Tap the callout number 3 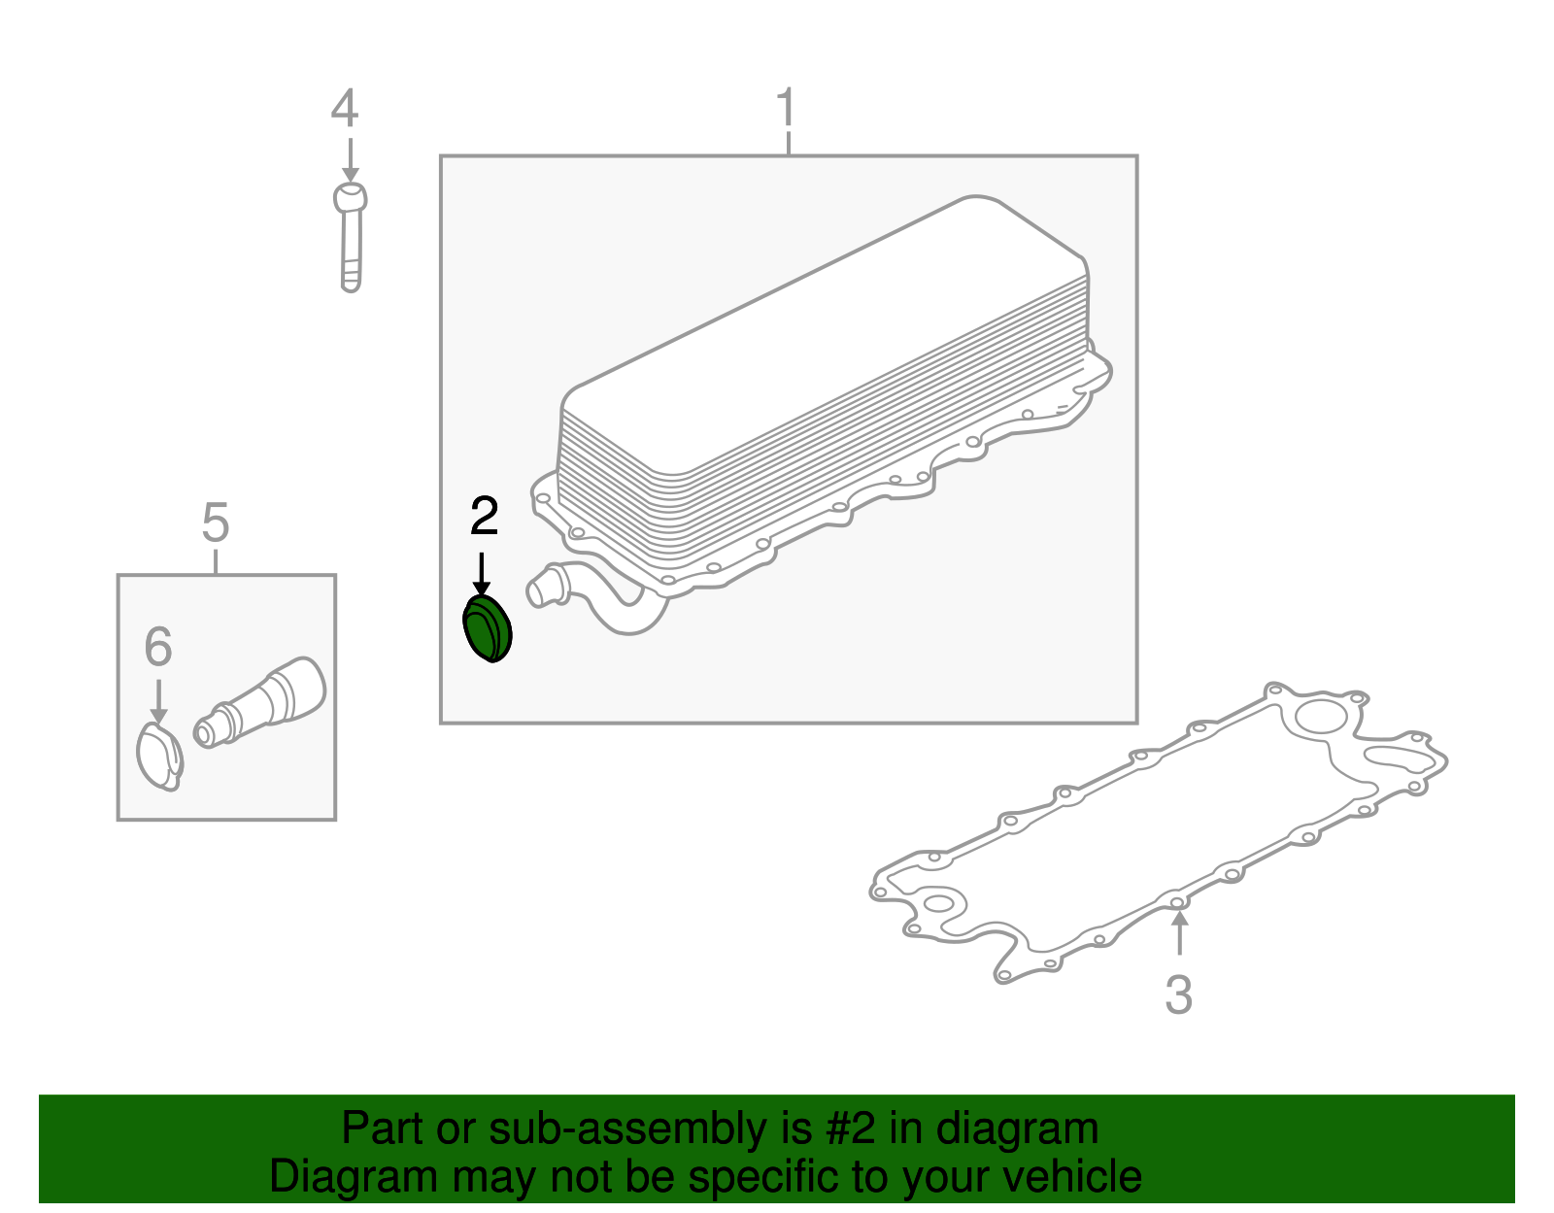tap(1178, 994)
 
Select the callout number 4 tap(345, 108)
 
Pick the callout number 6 tap(158, 646)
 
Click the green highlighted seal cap tap(488, 628)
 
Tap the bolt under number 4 tap(351, 237)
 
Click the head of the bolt tap(351, 196)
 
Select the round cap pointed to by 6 tap(159, 757)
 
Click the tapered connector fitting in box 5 tap(259, 702)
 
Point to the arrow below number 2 tap(482, 573)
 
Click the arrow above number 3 tap(1179, 932)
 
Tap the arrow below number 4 tap(351, 160)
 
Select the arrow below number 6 tap(158, 701)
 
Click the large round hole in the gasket tap(1321, 716)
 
